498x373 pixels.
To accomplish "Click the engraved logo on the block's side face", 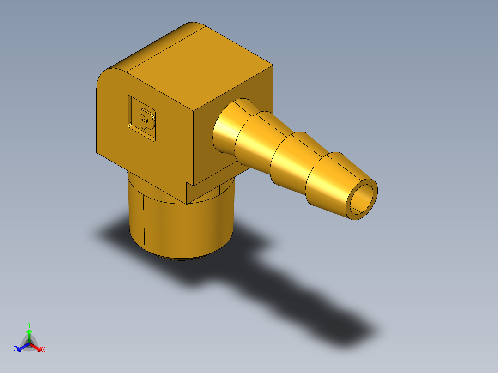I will pos(142,118).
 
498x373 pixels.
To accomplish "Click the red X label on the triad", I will pos(43,350).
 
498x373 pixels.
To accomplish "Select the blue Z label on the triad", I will pos(15,350).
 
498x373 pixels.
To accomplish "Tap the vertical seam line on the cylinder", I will pos(144,222).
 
